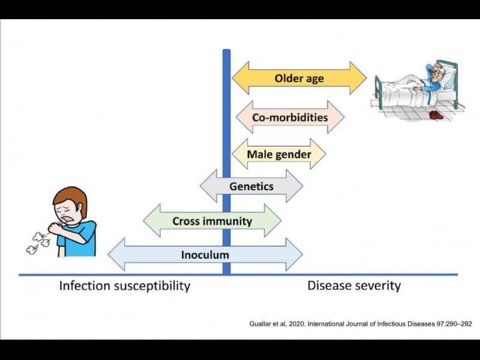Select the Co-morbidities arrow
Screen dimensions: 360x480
tap(290, 117)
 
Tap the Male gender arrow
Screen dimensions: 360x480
tap(279, 154)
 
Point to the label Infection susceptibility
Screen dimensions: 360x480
tap(124, 286)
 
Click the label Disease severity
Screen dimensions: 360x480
tap(354, 285)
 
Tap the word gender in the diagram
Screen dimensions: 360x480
tap(294, 154)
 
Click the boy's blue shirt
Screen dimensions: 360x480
tap(84, 237)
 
